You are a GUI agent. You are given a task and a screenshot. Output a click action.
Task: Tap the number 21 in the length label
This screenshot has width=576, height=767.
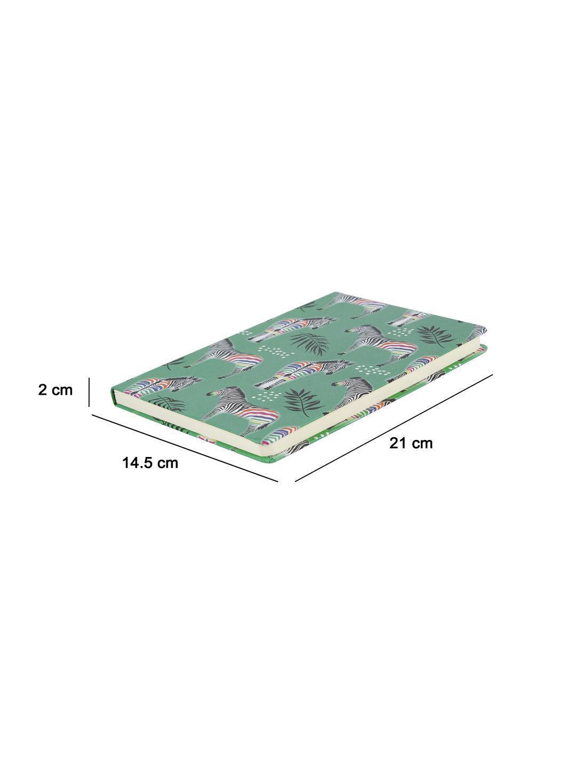click(x=398, y=443)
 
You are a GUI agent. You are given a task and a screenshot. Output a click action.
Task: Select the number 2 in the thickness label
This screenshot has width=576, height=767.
click(x=43, y=390)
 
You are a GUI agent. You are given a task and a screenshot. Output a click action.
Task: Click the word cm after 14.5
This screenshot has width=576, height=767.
click(x=167, y=464)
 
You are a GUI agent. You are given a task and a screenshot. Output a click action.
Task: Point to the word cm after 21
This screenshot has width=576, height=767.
click(x=422, y=444)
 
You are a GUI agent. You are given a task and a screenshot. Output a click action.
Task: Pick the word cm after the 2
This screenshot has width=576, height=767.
click(x=62, y=390)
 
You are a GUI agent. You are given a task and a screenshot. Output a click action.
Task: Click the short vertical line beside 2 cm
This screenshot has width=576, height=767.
click(x=89, y=391)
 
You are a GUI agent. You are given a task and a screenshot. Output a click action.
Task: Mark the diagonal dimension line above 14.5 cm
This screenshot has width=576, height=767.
click(x=185, y=447)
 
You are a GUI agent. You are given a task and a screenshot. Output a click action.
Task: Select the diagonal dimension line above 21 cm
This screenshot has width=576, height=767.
click(x=394, y=428)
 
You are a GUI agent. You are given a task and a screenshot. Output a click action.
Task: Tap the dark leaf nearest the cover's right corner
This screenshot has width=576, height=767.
click(x=436, y=334)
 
